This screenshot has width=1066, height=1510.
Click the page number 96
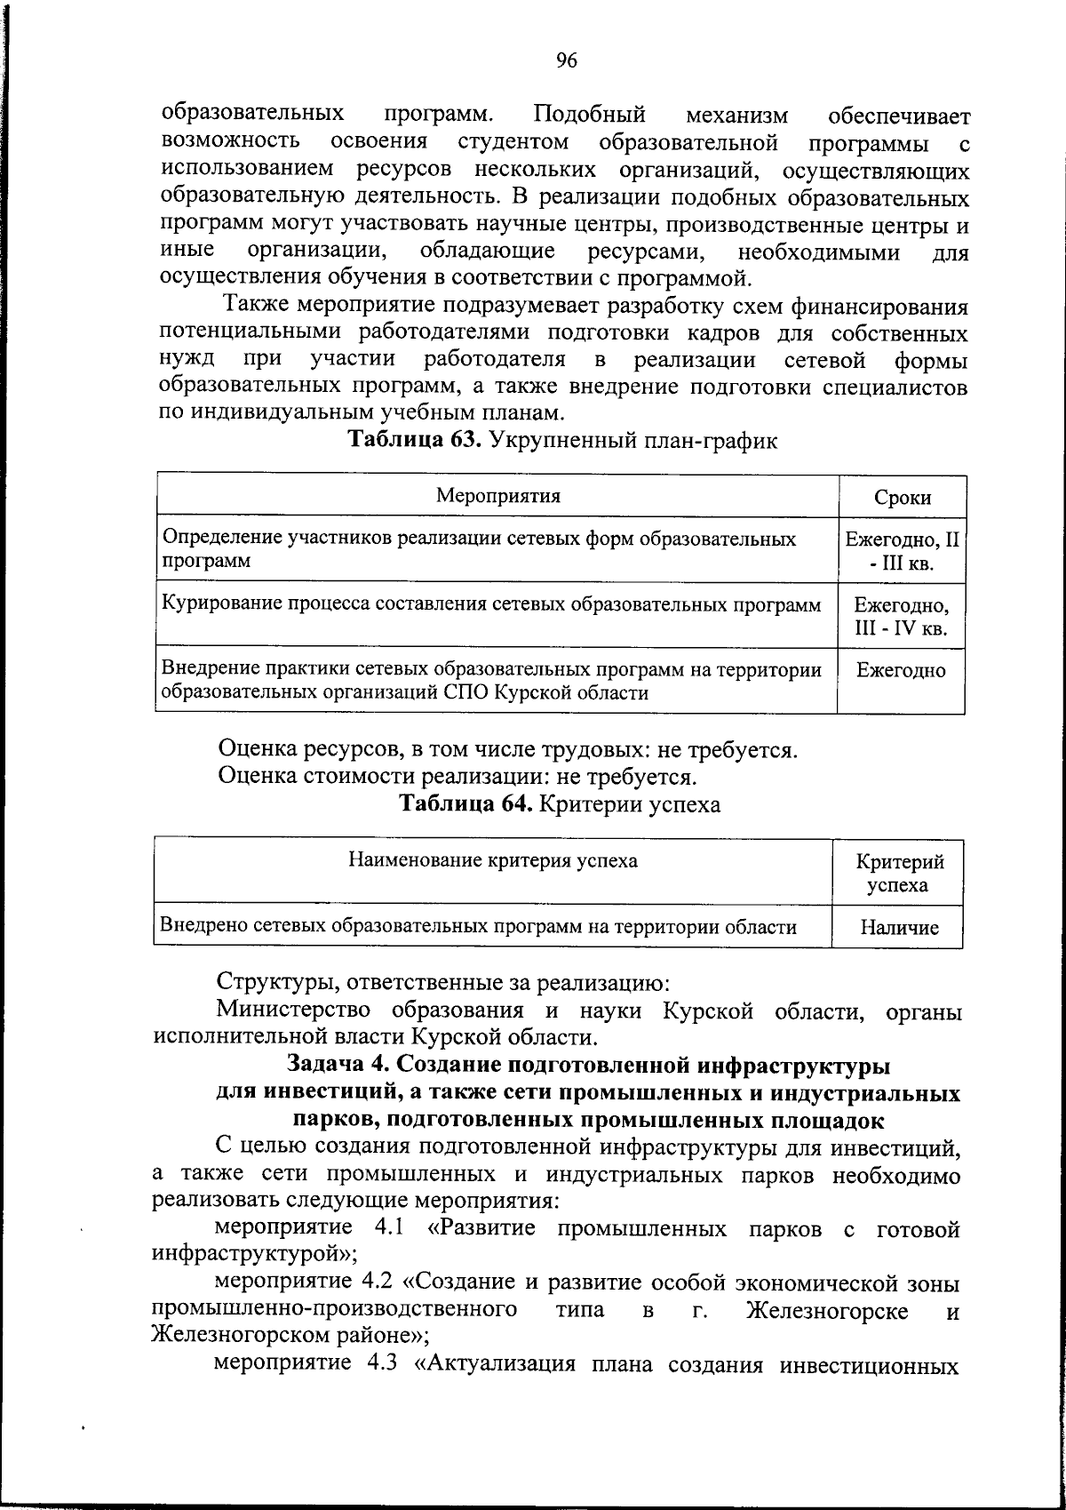(567, 60)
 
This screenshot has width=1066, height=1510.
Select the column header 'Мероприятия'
(498, 496)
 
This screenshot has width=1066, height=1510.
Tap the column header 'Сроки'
(903, 498)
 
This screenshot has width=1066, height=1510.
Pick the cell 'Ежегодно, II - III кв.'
(903, 551)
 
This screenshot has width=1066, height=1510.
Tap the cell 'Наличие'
(899, 929)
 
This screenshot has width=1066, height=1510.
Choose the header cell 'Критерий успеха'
(899, 873)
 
